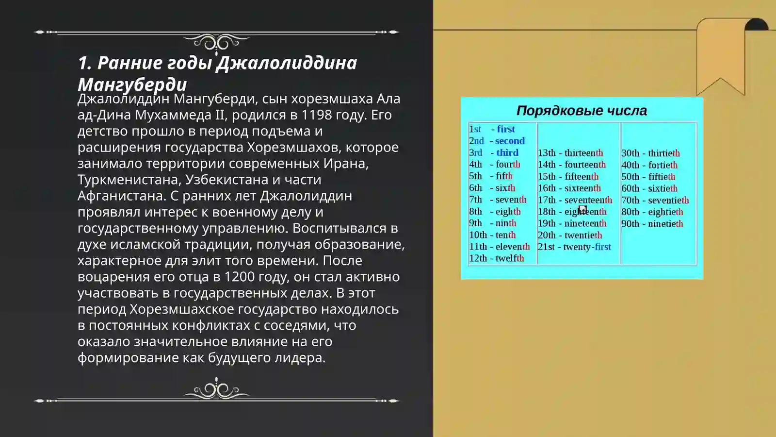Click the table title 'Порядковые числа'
582,111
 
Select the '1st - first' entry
492,129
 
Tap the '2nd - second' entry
497,141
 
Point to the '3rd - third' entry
493,152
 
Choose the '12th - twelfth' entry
496,258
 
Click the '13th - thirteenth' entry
570,153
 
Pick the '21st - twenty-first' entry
574,247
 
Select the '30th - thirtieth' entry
650,153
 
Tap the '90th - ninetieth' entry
652,224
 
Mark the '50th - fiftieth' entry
648,177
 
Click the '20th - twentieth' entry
570,235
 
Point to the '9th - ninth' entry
492,223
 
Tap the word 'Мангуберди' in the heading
132,84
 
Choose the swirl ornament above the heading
216,43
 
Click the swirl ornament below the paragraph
216,389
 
